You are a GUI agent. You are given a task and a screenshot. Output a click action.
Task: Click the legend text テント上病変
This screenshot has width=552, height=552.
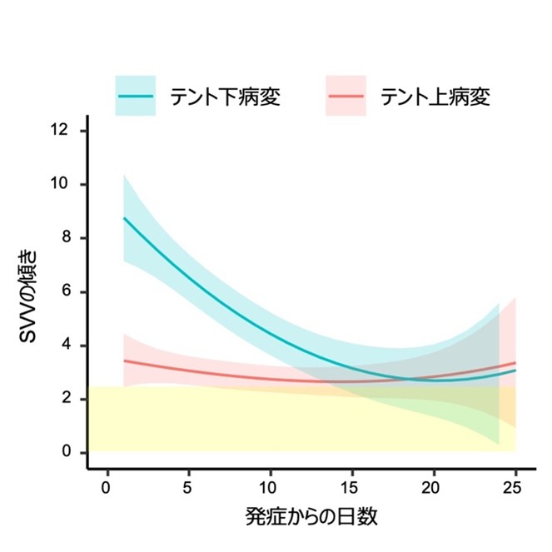[435, 96]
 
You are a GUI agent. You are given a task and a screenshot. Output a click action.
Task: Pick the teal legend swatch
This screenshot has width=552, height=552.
[136, 96]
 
